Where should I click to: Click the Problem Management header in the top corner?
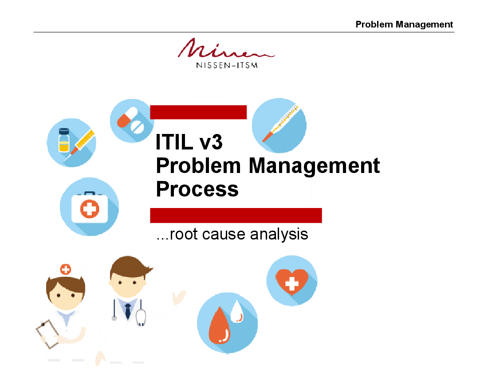click(404, 24)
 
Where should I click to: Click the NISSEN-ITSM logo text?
click(227, 65)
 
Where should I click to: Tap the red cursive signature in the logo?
click(226, 48)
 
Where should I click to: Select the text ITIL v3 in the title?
click(189, 142)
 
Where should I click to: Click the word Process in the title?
click(197, 189)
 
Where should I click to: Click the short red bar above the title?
click(198, 112)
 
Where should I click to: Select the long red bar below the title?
click(236, 215)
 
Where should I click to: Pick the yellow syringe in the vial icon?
click(80, 145)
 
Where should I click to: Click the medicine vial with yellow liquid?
click(64, 140)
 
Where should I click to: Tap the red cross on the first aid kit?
click(90, 208)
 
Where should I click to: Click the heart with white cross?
click(291, 281)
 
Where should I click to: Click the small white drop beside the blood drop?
click(237, 312)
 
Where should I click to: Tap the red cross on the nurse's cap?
click(65, 269)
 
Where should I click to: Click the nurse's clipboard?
click(48, 334)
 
